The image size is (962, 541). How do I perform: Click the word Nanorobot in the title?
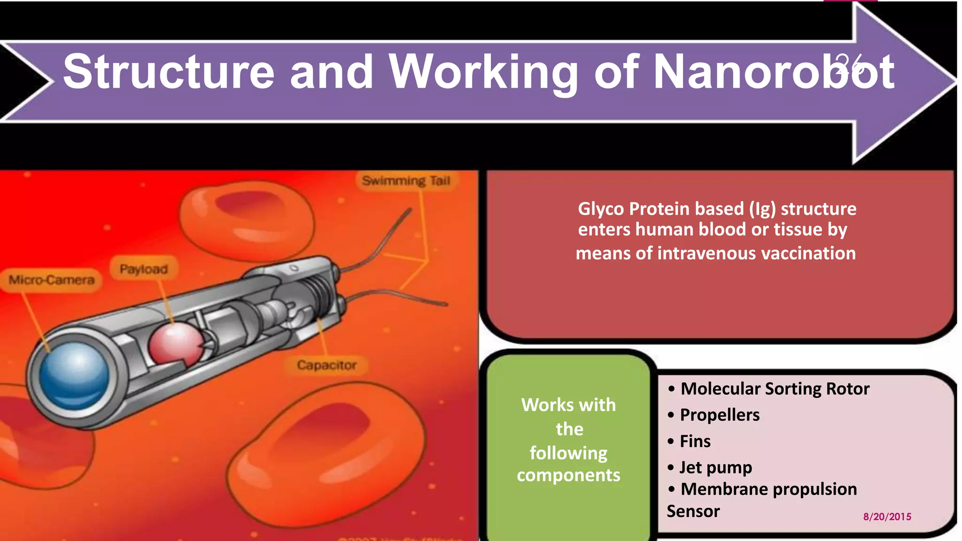[774, 71]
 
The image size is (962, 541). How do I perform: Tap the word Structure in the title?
[169, 71]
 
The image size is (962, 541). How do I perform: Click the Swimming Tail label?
[406, 181]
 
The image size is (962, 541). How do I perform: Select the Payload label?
[143, 269]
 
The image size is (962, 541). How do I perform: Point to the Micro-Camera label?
[52, 280]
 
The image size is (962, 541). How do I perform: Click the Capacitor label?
[326, 365]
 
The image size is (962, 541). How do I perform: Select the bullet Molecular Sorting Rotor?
[775, 389]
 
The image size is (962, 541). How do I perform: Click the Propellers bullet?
[719, 415]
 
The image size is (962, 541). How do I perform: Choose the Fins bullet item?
[695, 441]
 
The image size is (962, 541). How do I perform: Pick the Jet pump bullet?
[715, 467]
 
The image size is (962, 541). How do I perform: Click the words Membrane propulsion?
[768, 489]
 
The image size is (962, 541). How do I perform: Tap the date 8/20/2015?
[887, 517]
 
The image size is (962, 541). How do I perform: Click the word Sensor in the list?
[693, 511]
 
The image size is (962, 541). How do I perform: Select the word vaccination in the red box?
[808, 254]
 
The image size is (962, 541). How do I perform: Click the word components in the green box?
[568, 475]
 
